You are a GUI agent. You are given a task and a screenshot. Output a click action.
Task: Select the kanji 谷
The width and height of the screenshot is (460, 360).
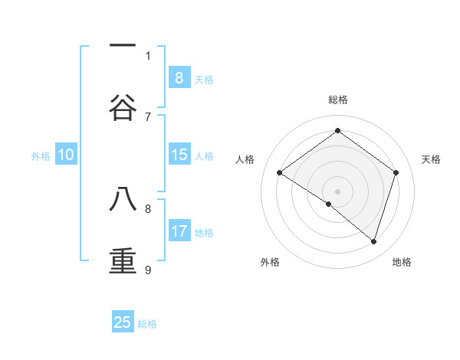point(123,107)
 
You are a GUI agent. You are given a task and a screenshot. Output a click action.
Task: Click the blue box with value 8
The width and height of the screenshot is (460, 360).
point(179,77)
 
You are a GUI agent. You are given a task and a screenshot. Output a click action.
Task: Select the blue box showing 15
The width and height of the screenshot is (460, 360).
point(179,155)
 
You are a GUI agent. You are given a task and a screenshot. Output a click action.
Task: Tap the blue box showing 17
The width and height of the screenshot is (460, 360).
point(179,231)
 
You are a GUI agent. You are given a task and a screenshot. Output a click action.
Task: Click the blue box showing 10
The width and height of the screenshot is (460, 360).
point(66,155)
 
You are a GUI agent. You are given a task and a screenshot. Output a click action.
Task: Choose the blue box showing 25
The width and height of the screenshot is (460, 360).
point(123,322)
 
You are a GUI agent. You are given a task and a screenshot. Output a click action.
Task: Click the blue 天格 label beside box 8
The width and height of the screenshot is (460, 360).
point(204,79)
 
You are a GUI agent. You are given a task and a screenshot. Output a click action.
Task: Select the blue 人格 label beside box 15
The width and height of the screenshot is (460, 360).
point(204,156)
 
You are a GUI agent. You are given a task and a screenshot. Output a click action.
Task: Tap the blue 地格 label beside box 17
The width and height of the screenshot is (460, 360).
point(204,233)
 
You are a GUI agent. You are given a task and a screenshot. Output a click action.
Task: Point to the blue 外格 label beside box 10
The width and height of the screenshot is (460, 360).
point(41,156)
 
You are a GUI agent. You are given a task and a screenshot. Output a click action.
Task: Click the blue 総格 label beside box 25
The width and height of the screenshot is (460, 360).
point(147,324)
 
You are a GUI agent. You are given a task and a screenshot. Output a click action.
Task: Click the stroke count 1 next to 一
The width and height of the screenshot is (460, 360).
point(148,55)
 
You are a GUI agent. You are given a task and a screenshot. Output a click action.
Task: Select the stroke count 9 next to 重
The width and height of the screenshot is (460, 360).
point(148,270)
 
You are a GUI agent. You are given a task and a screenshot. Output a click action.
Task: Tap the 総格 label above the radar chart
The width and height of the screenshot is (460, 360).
point(337,100)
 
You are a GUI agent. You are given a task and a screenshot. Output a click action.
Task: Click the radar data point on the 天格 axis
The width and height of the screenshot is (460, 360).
point(396,172)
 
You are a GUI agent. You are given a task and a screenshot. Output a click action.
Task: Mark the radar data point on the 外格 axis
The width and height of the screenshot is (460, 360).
point(329,204)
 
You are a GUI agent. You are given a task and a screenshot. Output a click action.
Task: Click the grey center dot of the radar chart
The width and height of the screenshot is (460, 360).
point(337,191)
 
